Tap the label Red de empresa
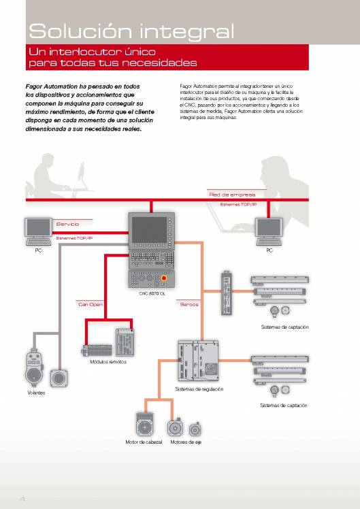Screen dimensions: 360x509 click(232, 195)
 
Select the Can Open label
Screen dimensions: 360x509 click(91, 304)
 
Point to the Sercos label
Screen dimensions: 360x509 click(189, 304)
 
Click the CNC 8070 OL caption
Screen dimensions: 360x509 click(152, 293)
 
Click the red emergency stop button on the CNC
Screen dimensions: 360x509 click(164, 278)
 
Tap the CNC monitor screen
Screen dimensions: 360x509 click(149, 229)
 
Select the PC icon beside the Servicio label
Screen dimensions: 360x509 click(38, 231)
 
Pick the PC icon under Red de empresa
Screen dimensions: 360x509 click(269, 231)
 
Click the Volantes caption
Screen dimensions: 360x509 click(36, 393)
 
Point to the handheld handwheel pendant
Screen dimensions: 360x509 click(34, 367)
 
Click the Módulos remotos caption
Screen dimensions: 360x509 click(108, 361)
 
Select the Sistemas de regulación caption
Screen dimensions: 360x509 click(199, 389)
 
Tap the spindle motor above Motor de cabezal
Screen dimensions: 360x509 click(144, 424)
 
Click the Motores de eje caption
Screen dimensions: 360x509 click(186, 442)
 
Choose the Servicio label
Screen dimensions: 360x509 click(67, 224)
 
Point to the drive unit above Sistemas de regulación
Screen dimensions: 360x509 click(198, 361)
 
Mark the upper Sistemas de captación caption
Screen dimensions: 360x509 click(284, 327)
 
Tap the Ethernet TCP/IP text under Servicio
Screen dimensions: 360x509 click(74, 238)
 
